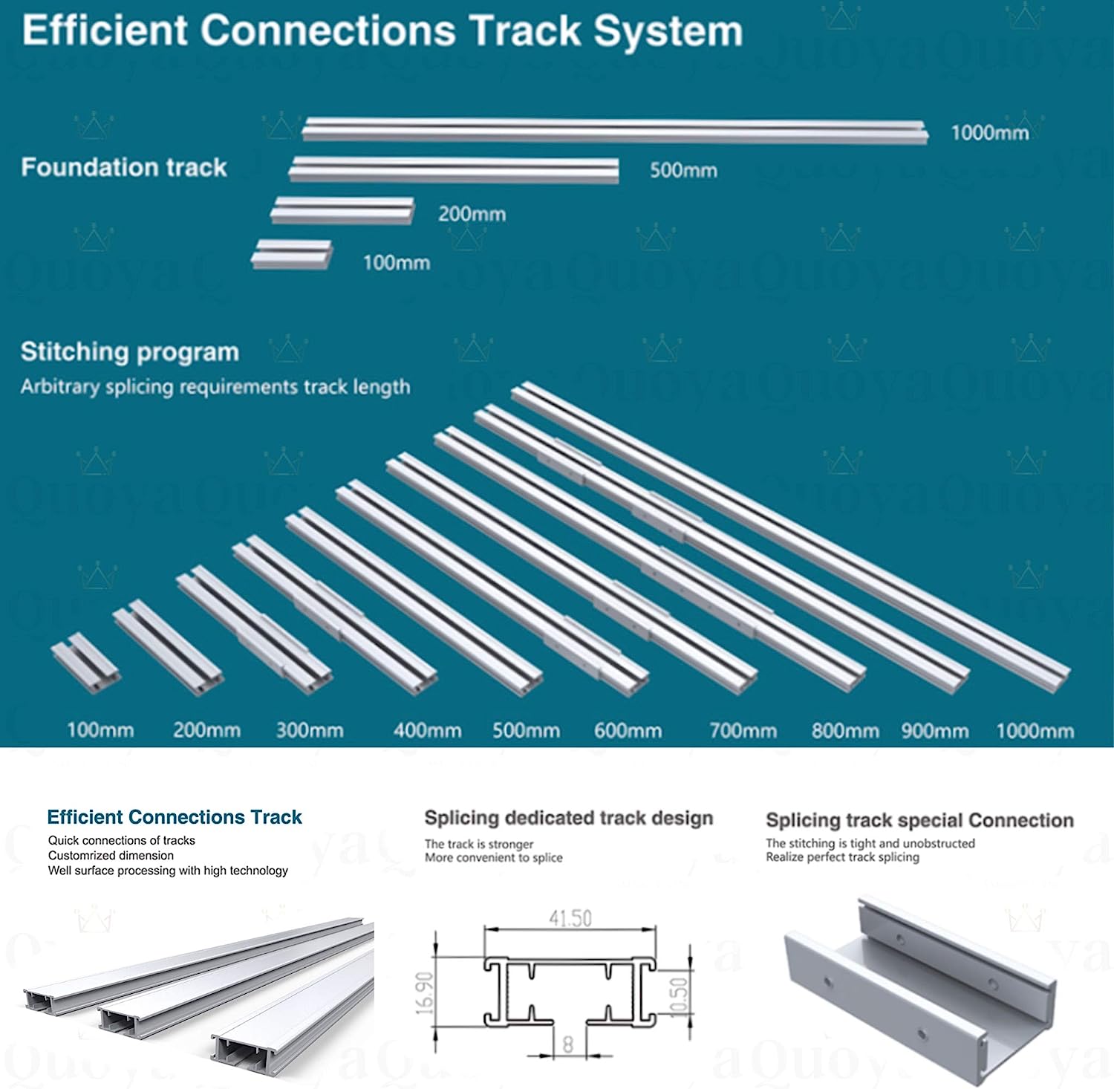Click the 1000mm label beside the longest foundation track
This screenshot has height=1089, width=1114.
point(989,133)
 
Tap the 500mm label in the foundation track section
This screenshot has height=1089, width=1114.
point(683,170)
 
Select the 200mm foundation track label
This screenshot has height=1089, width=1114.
point(472,214)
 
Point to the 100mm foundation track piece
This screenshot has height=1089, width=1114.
point(291,253)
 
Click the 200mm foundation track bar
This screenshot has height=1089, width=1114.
point(342,209)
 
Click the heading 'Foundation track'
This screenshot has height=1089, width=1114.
point(124,167)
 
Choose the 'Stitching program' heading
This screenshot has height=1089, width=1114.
point(130,351)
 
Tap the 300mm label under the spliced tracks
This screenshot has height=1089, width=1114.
point(310,730)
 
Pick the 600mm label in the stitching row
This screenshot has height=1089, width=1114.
point(628,731)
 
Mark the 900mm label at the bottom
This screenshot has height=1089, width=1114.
point(934,731)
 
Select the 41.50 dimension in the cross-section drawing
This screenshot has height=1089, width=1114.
point(570,919)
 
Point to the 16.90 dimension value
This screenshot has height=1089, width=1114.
point(424,992)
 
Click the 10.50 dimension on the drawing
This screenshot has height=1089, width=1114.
point(679,997)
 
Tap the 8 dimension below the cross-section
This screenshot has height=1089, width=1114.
point(568,1044)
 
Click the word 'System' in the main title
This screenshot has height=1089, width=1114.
point(667,31)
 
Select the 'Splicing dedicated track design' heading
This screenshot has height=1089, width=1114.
point(568,818)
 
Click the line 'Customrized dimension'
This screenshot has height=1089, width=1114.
point(111,855)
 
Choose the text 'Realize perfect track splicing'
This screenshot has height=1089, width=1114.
point(842,857)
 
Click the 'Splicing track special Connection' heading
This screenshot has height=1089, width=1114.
point(919,820)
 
